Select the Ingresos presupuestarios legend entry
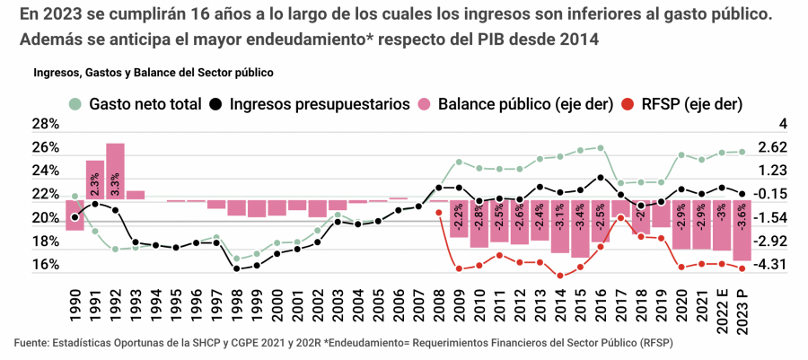click(x=310, y=103)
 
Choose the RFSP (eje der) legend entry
click(x=682, y=103)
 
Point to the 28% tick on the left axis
click(x=47, y=124)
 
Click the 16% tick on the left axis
click(x=47, y=265)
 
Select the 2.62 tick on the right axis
click(x=772, y=147)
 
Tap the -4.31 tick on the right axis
click(x=772, y=265)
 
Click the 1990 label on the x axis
click(x=75, y=307)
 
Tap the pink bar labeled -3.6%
click(x=742, y=231)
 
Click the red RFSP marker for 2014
click(x=559, y=276)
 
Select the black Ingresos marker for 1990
click(x=75, y=216)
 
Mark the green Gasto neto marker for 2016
click(x=600, y=147)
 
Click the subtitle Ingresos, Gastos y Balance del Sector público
click(x=154, y=71)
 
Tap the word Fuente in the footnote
click(x=31, y=343)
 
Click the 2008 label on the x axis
click(x=438, y=307)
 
